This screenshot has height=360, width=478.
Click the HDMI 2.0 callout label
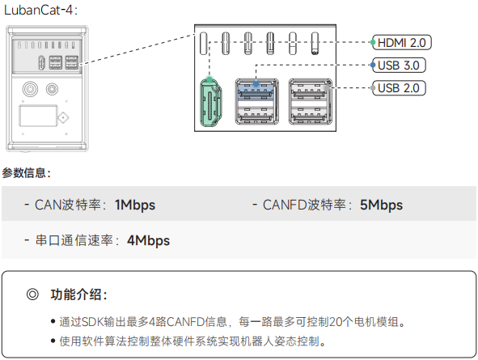click(x=402, y=42)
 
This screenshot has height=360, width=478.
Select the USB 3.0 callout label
click(x=399, y=66)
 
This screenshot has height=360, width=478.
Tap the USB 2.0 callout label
click(x=399, y=88)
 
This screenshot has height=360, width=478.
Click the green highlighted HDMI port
click(x=210, y=102)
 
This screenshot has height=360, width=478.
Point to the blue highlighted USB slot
click(x=256, y=91)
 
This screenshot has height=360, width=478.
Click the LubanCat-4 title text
click(x=40, y=10)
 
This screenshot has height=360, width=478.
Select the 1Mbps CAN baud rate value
click(x=135, y=205)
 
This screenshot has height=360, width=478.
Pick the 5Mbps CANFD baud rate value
click(x=381, y=205)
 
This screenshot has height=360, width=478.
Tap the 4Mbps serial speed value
click(x=149, y=240)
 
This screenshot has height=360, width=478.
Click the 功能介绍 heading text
click(x=78, y=294)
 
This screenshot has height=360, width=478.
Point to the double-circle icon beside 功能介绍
click(x=32, y=294)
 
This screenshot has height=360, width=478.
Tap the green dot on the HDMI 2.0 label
click(x=373, y=42)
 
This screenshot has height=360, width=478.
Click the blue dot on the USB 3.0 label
click(x=373, y=65)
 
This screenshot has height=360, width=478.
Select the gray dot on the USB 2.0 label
click(x=373, y=88)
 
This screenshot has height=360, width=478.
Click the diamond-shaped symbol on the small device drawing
click(x=63, y=117)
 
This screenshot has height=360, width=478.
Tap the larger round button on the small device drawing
click(x=30, y=89)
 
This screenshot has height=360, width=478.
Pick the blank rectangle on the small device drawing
click(x=38, y=116)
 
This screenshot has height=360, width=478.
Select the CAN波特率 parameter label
click(x=67, y=205)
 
